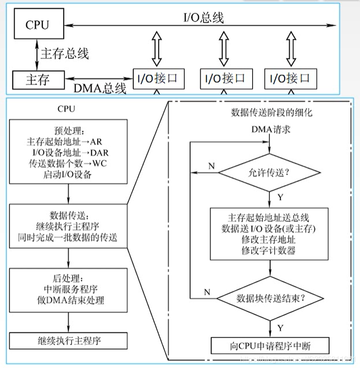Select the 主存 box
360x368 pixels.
point(38,79)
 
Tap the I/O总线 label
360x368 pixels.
point(204,18)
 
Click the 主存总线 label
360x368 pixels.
point(65,53)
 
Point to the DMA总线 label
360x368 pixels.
point(100,88)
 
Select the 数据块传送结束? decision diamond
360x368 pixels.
point(269,298)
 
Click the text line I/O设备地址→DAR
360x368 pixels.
point(68,152)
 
